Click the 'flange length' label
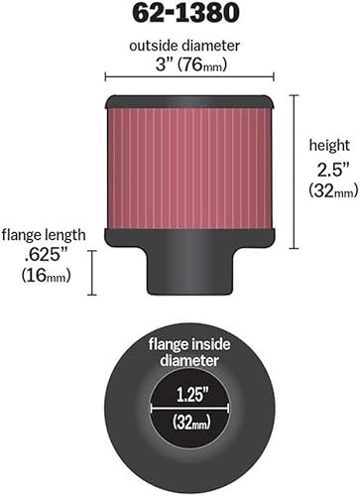[x=42, y=235]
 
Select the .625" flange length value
[x=43, y=255]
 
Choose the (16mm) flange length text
[x=43, y=275]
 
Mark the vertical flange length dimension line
[x=91, y=273]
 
